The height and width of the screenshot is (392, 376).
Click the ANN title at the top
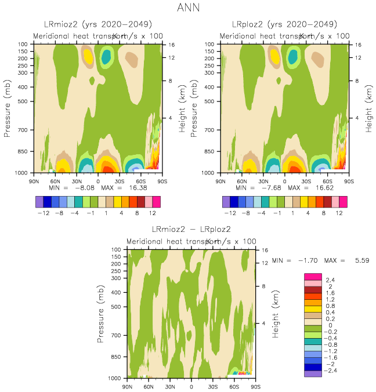point(187,8)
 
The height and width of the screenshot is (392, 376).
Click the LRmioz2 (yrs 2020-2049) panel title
point(98,24)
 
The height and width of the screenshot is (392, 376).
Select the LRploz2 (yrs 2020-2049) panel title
point(284,24)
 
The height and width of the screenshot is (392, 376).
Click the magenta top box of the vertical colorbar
point(313,276)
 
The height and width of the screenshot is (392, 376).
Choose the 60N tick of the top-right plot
point(241,181)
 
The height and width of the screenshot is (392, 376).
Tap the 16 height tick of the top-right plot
point(358,44)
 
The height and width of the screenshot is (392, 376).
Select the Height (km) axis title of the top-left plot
point(183,108)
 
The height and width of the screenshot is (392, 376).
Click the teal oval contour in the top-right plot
point(293,56)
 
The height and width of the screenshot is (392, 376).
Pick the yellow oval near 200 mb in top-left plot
point(88,56)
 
